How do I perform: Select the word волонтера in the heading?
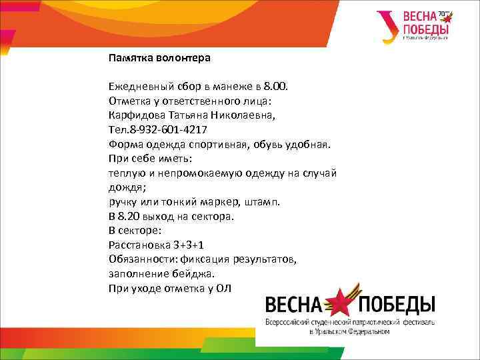[x=183, y=58]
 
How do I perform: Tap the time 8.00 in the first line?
[x=275, y=87]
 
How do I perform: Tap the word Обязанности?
[x=139, y=259]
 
